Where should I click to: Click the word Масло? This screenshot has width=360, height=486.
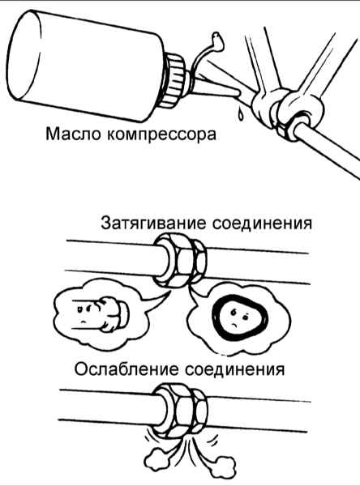(73, 134)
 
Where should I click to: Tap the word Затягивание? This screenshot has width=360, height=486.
(153, 224)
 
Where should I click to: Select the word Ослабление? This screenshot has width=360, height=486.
(126, 369)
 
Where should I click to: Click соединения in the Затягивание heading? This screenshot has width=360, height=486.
(262, 224)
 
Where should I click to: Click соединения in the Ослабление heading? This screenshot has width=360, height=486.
(234, 370)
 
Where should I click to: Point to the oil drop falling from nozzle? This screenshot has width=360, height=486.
(241, 114)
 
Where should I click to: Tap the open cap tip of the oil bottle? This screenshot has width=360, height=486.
(217, 42)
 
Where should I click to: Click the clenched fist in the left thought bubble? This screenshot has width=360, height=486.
(112, 314)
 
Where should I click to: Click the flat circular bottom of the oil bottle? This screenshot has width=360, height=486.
(24, 55)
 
